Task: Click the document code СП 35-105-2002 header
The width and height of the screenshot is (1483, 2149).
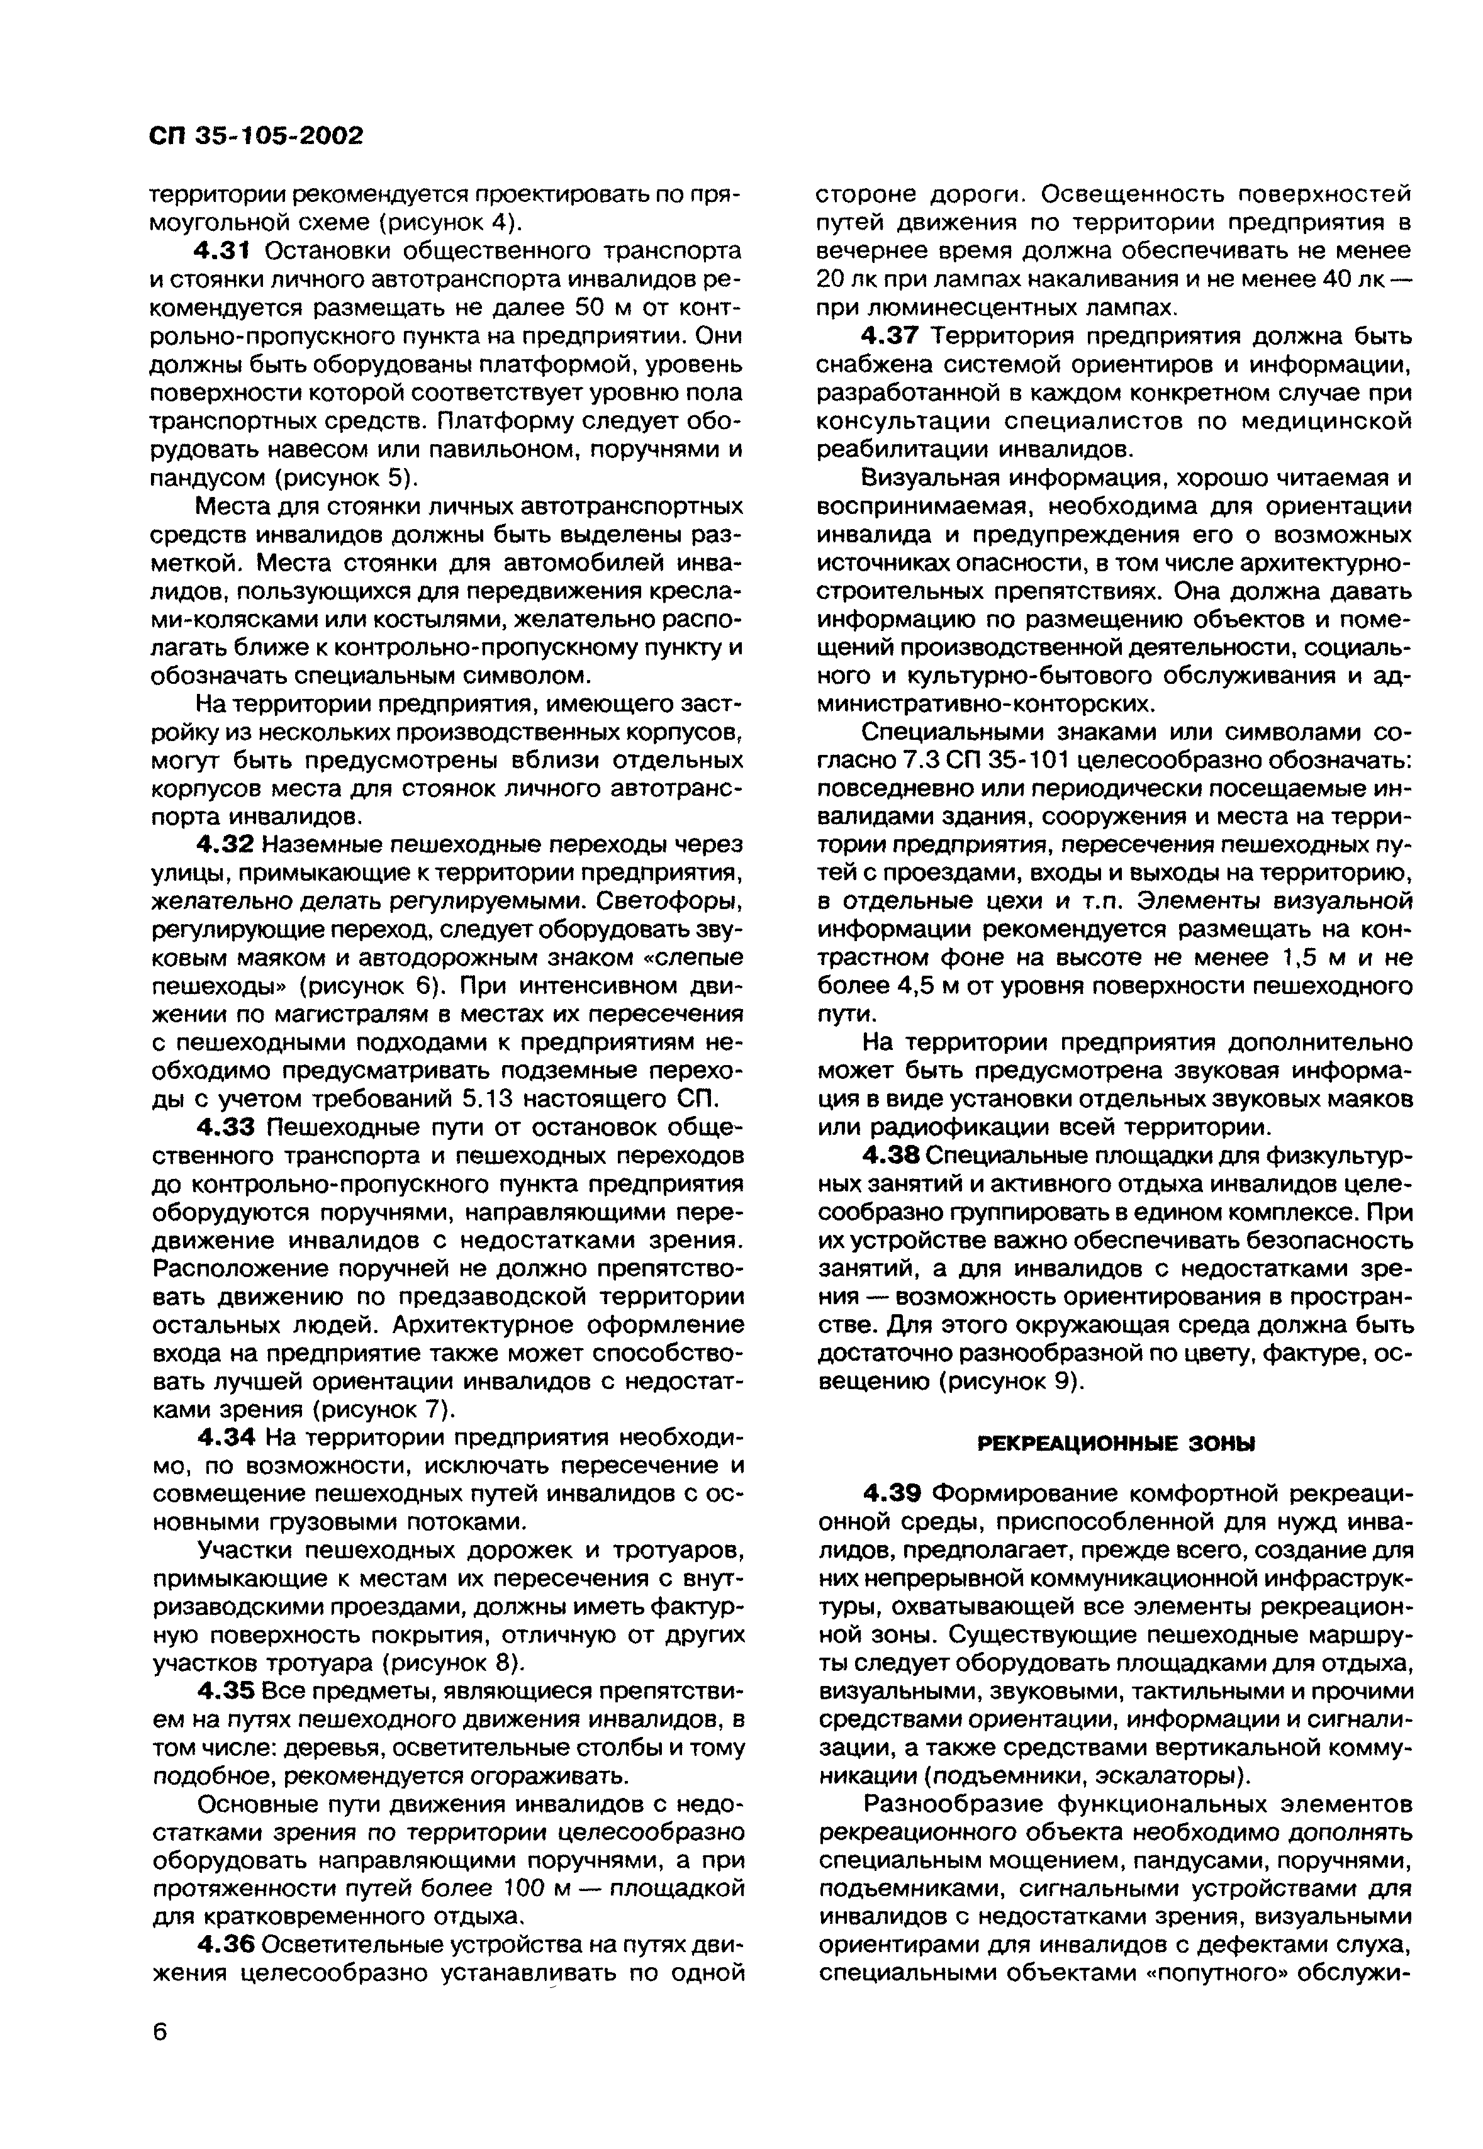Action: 255,137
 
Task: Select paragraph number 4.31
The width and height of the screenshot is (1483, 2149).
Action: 228,252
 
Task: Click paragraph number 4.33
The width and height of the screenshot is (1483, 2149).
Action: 228,1128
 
